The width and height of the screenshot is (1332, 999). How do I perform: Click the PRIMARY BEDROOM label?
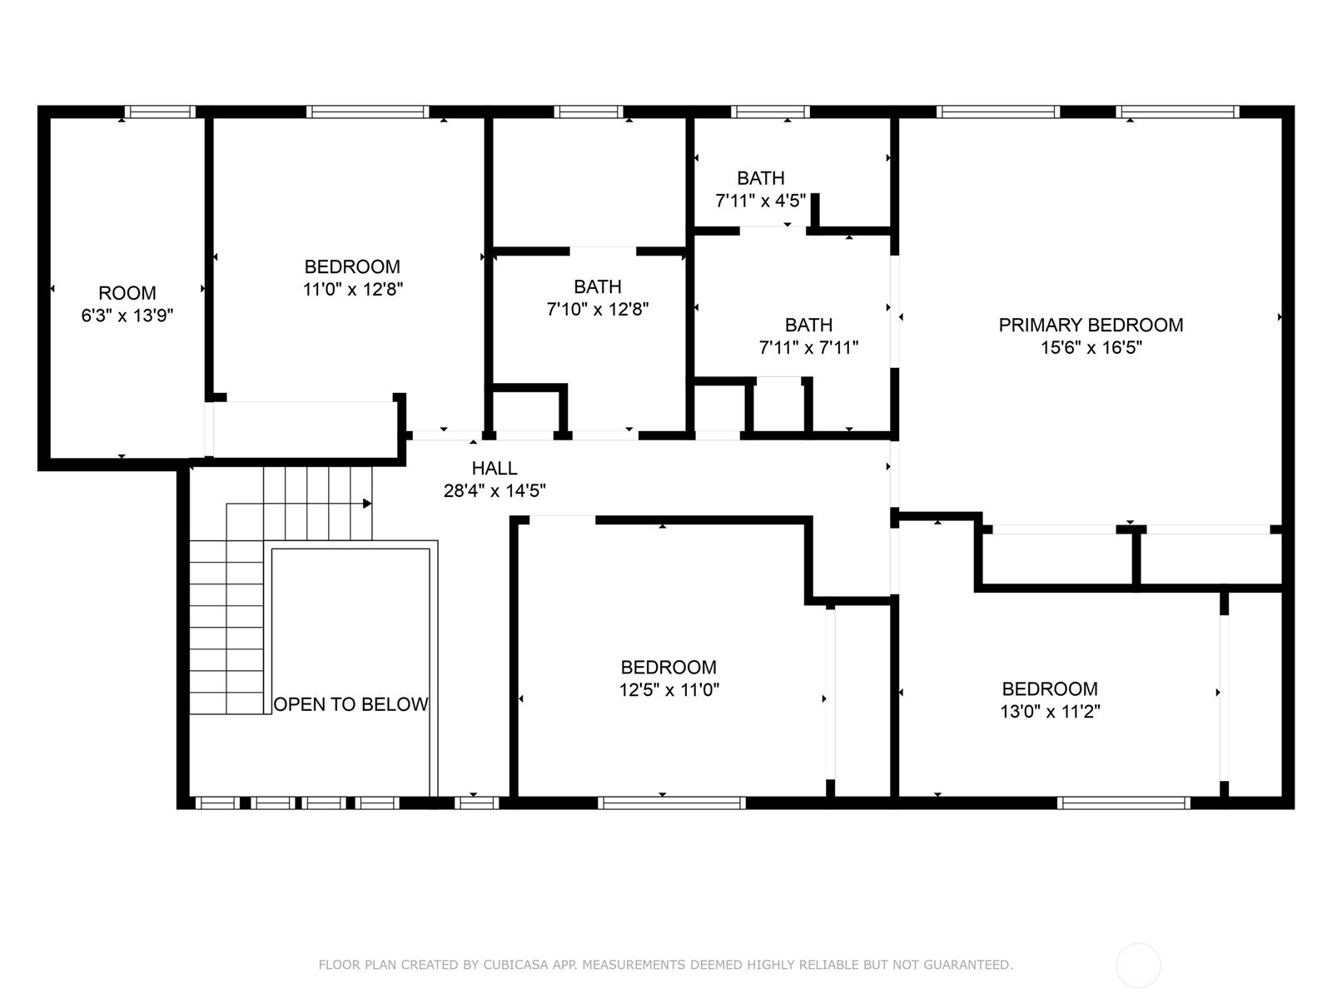coord(1091,325)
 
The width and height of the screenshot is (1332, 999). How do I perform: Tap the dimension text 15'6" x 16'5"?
coord(1091,348)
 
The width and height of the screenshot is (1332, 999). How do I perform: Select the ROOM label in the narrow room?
coord(127,293)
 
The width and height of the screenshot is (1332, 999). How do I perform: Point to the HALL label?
coord(495,468)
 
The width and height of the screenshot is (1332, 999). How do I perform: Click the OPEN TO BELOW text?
coord(350,704)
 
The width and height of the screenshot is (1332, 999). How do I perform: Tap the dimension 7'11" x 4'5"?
coord(760,201)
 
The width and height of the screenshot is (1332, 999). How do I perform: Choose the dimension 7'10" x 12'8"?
coord(597,310)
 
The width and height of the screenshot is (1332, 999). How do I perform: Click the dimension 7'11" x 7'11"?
coord(808,348)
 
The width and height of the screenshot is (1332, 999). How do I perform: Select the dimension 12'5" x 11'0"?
coord(668,690)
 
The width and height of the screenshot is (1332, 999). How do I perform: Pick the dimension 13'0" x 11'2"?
coord(1050,712)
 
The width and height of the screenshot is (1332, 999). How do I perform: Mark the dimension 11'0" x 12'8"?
coord(352,290)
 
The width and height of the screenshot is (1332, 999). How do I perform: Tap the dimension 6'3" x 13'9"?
coord(127,316)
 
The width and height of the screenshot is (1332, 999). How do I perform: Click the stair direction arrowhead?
coord(367,504)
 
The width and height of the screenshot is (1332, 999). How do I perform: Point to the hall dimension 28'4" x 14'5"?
coord(495,491)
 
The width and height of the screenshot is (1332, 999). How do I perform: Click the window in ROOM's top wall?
coord(160,112)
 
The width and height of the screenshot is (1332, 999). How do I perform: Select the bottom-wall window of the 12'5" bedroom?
coord(671,803)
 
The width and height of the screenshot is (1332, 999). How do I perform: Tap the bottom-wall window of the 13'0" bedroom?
coord(1124,803)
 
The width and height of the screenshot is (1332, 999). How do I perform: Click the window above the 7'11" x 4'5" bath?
coord(770,112)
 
